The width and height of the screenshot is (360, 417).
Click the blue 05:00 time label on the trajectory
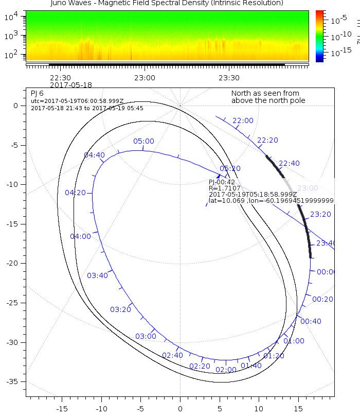143,141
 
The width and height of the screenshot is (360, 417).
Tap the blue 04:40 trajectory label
94,154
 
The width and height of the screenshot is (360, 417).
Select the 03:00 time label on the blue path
146,336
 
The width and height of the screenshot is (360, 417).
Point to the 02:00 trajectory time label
226,370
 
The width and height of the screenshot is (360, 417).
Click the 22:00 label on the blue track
243,120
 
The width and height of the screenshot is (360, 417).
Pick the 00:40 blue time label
311,321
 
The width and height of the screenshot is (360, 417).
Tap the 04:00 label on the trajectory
80,236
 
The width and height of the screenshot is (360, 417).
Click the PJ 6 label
37,93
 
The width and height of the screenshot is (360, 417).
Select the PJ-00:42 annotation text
222,182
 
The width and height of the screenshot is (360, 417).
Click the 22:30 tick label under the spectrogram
60,78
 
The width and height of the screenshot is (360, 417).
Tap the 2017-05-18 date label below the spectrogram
71,84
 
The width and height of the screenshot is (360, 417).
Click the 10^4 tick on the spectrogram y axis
11,17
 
